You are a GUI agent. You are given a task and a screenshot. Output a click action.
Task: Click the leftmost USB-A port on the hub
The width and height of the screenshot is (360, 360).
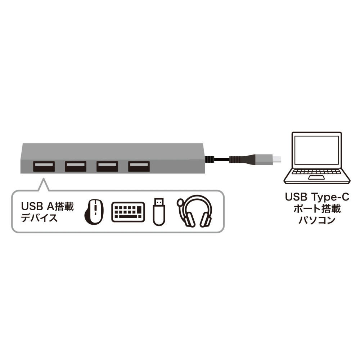(44, 166)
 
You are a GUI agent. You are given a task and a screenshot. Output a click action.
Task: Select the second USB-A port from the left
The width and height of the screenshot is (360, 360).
(76, 166)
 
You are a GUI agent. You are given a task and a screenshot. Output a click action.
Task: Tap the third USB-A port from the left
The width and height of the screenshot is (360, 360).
(107, 166)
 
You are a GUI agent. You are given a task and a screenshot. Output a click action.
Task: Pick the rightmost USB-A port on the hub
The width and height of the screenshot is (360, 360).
(139, 166)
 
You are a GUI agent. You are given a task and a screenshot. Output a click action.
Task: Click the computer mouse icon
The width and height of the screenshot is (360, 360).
(94, 212)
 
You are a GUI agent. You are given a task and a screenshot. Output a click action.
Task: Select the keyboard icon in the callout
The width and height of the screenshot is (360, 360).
(128, 212)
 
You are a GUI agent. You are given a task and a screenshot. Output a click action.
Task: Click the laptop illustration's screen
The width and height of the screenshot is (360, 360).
(316, 150)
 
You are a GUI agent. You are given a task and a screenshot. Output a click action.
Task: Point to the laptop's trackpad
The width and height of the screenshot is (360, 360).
(316, 178)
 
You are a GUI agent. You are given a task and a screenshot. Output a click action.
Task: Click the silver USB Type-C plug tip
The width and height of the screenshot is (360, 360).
(278, 159)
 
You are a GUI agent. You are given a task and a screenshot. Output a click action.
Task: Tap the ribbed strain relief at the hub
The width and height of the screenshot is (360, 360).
(208, 159)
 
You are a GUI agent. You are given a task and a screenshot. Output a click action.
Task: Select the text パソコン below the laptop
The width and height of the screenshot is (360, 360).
(316, 220)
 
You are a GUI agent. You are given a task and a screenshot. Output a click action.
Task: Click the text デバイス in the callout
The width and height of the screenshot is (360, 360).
(39, 217)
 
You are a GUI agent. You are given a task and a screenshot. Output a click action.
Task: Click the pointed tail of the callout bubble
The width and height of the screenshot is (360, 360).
(44, 179)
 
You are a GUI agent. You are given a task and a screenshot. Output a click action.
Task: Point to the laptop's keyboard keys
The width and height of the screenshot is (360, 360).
(317, 171)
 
